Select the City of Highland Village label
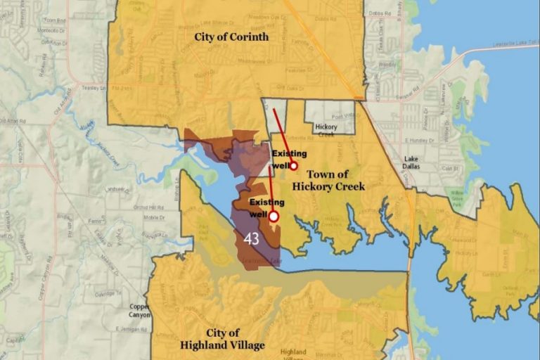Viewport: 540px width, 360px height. click(222, 339)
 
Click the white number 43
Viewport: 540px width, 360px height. click(251, 239)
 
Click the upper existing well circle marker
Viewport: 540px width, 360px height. click(293, 166)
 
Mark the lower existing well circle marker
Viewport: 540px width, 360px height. click(274, 217)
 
